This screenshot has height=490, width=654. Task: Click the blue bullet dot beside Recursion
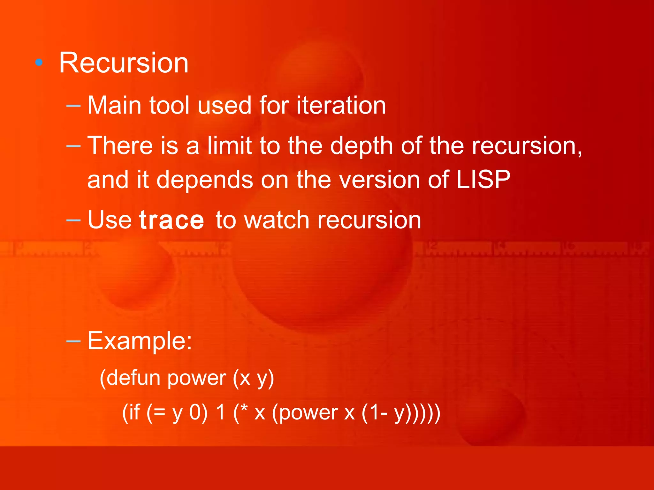[39, 63]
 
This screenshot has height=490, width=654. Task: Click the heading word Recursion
[124, 63]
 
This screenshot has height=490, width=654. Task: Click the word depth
[361, 146]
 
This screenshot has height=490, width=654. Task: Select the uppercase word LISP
[483, 180]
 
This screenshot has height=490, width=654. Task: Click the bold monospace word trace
[172, 220]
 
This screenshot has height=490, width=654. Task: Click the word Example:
[140, 341]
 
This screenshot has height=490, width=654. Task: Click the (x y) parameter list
[253, 379]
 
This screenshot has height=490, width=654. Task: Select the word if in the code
[131, 412]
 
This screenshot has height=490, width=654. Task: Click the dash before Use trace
[73, 220]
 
